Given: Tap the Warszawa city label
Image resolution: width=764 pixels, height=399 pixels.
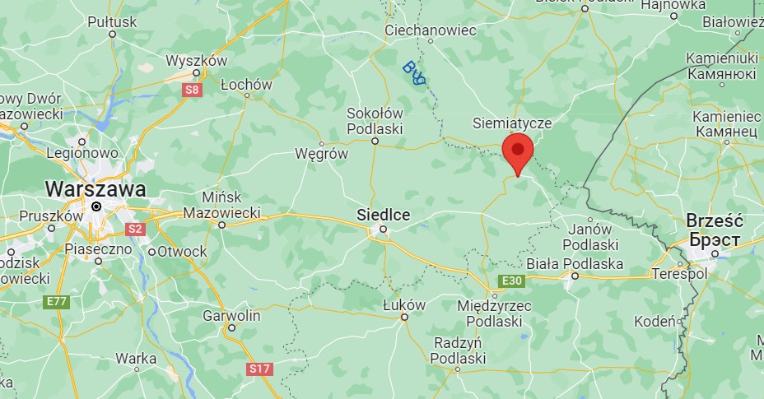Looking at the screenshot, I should (x=95, y=188).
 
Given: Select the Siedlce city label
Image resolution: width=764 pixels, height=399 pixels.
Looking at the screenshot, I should (x=383, y=215).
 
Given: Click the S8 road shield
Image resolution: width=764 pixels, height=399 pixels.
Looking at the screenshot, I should (x=191, y=89).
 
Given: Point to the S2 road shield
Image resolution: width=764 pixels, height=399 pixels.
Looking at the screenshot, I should (x=135, y=228).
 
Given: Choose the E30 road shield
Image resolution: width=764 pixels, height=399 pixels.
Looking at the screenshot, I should (x=511, y=282).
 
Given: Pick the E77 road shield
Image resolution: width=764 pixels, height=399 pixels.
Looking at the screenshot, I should (x=55, y=302).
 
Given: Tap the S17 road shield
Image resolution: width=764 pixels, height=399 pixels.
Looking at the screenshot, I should (x=259, y=369).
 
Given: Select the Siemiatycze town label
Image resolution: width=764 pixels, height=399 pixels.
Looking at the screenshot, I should (x=511, y=123).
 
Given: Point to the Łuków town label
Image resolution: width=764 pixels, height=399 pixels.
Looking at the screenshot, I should (x=404, y=305).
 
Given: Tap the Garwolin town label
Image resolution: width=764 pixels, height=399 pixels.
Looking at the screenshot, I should (x=231, y=315).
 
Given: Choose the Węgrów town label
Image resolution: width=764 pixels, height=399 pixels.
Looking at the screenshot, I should (x=322, y=154).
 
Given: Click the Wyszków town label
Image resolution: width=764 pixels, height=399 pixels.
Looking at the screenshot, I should (x=196, y=61).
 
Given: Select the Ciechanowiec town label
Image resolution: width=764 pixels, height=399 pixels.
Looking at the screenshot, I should (x=431, y=30).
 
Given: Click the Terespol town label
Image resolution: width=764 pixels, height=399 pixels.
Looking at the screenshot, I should (x=680, y=272).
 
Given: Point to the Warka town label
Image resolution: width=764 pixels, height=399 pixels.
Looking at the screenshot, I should (x=136, y=358).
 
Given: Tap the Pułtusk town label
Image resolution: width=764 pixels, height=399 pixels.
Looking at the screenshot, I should (x=112, y=22).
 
